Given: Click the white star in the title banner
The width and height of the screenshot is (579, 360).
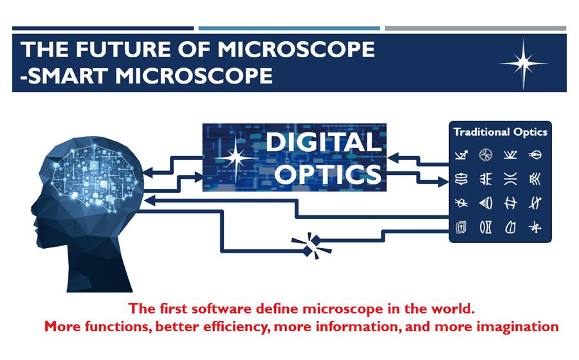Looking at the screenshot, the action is tap(523, 64).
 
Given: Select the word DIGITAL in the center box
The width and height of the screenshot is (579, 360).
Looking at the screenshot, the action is tap(323, 142).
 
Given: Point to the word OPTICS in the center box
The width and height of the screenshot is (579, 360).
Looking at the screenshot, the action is tap(328, 174).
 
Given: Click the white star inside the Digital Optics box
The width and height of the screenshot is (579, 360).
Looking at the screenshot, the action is tap(236, 158).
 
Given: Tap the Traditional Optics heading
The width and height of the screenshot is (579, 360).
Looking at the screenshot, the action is tap(501, 132).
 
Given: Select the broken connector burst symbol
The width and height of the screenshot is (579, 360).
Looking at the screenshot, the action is tap(312, 246).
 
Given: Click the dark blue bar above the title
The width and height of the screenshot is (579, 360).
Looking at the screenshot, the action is tap(103, 28).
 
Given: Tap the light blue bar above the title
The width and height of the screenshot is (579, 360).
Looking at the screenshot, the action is tap(289, 28).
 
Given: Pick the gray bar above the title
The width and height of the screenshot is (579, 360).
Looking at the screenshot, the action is tap(475, 28).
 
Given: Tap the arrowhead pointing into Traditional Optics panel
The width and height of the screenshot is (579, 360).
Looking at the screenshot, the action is tap(443, 181).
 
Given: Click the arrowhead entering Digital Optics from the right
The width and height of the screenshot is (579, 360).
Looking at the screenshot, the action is tap(393, 158).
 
